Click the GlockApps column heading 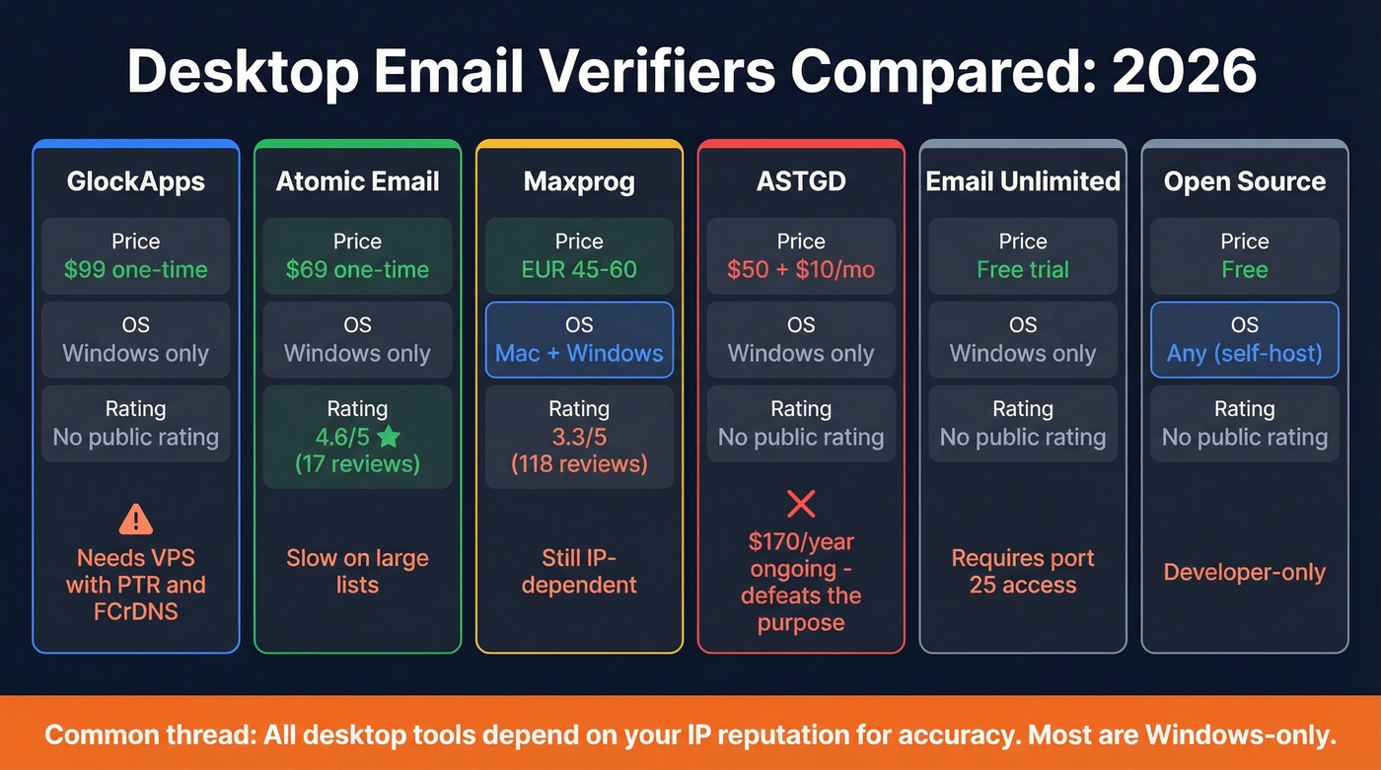[136, 181]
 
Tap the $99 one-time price [136, 269]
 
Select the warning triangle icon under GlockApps [136, 518]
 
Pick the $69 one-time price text [357, 269]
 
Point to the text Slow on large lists [357, 571]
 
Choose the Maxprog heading [579, 181]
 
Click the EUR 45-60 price [579, 269]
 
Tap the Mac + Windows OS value [579, 353]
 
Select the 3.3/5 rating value [579, 437]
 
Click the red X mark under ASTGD [801, 505]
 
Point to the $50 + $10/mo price [801, 269]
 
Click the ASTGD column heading [801, 181]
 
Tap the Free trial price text [1023, 269]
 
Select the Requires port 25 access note [1023, 571]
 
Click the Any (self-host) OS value [1245, 353]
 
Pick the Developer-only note [1245, 572]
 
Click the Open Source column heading [1245, 181]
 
